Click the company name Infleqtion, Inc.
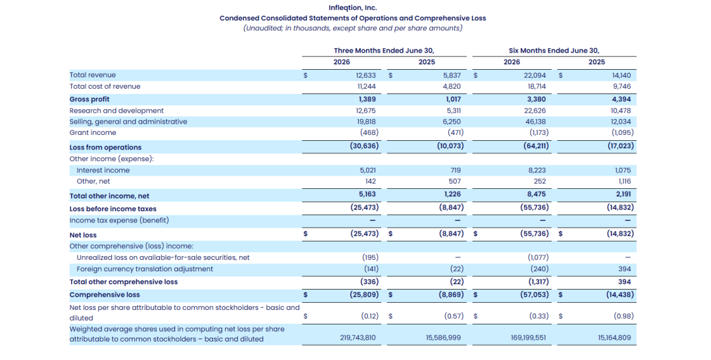353,8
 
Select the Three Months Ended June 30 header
384,51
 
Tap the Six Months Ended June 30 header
554,51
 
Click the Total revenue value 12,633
366,75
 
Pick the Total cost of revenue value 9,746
621,87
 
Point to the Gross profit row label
90,99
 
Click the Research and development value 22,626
536,111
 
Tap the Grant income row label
93,133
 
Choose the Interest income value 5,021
368,170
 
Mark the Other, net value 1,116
624,182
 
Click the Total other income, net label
109,196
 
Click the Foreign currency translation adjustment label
145,269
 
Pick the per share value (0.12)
369,316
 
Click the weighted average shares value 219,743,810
357,338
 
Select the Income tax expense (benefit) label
119,220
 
